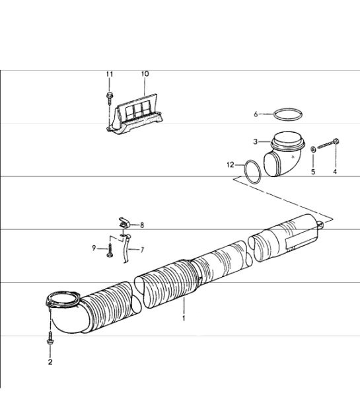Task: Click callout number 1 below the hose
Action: pos(184,318)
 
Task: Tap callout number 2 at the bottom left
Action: pos(50,361)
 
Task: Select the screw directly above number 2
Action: pos(50,338)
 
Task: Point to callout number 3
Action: pos(255,141)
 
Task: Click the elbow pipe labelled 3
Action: pos(284,154)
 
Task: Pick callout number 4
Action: pos(335,172)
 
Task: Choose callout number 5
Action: pos(313,172)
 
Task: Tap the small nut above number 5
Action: pos(313,149)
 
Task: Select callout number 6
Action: pos(256,114)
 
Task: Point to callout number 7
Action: pos(142,250)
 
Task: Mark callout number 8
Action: pos(142,225)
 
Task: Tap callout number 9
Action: pos(94,248)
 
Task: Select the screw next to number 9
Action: pos(110,250)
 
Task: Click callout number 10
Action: pos(145,74)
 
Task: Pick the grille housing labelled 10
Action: pos(135,114)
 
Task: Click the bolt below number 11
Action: pos(110,98)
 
